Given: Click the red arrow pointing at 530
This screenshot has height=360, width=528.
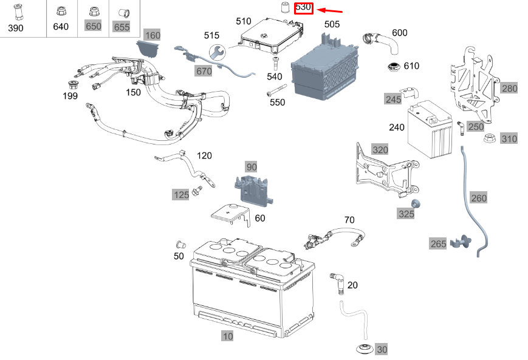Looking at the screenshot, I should click(331, 10).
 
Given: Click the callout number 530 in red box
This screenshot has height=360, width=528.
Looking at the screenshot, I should click(303, 8).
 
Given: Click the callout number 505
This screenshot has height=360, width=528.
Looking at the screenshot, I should click(332, 24).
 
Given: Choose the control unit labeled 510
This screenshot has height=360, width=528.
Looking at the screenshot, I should click(271, 37).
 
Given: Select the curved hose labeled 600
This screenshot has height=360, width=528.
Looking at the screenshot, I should click(381, 42).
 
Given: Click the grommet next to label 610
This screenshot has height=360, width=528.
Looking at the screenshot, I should click(394, 66).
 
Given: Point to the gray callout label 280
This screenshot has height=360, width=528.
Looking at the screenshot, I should click(509, 89).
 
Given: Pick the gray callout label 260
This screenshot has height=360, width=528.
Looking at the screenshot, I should click(479, 198).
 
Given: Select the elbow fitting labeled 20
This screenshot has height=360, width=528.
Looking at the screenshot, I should click(336, 282).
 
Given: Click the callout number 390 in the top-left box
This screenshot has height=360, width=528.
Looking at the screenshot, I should click(15, 28).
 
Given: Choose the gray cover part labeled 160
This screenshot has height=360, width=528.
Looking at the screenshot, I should click(149, 48).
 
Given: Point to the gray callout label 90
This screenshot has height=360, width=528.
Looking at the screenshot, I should click(252, 166).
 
